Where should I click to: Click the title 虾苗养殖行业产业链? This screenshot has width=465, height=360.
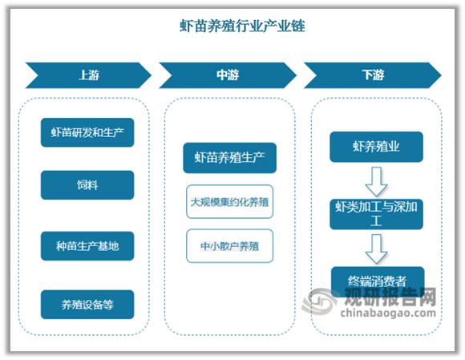click(242, 26)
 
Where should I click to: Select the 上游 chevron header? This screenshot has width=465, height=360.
click(88, 75)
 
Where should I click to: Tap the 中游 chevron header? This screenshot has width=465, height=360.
click(228, 75)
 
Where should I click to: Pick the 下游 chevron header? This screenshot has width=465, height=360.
click(373, 75)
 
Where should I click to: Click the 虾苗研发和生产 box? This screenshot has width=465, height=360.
click(87, 132)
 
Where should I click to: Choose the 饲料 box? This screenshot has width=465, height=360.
click(87, 185)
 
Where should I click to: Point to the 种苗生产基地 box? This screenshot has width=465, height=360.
click(87, 246)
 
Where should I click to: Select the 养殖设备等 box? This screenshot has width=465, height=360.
click(87, 305)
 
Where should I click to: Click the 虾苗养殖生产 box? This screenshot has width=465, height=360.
click(229, 158)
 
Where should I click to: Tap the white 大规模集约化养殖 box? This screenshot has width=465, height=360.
click(229, 201)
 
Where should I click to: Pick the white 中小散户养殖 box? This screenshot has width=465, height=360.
click(229, 246)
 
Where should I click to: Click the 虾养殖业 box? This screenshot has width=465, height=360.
click(376, 147)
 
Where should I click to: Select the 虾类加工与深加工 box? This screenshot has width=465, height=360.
click(376, 214)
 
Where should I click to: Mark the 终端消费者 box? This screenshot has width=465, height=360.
click(378, 281)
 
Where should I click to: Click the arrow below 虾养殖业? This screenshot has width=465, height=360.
click(376, 181)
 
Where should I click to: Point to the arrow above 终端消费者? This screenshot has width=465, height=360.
click(376, 249)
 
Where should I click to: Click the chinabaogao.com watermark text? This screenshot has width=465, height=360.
click(388, 313)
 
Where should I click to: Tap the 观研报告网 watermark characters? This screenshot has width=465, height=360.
click(390, 297)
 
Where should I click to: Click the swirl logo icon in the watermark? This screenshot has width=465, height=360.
click(320, 301)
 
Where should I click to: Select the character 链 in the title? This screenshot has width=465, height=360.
click(298, 26)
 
